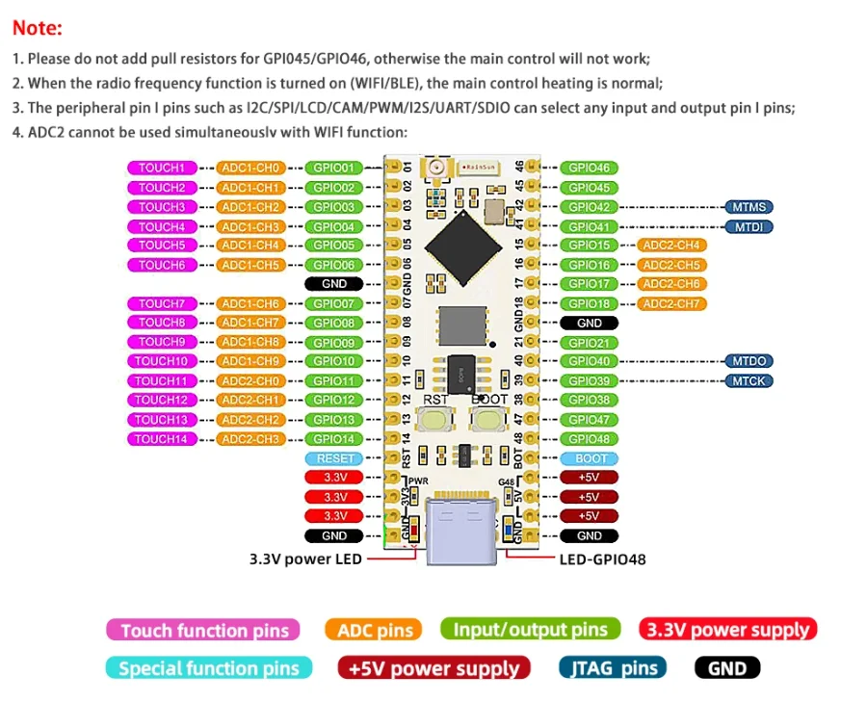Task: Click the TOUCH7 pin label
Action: (x=162, y=303)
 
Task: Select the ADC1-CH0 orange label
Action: (x=250, y=168)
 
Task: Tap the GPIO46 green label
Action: (x=589, y=168)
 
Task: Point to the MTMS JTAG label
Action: (x=749, y=207)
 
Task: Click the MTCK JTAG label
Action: (x=749, y=381)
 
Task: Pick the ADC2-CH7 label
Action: (x=670, y=304)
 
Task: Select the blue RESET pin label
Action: (x=334, y=458)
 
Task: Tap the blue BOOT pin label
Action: (x=589, y=458)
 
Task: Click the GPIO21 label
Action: (x=589, y=343)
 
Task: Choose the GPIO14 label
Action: (x=334, y=439)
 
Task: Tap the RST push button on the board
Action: (x=439, y=419)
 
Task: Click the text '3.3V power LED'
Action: (x=305, y=558)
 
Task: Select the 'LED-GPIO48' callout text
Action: (x=603, y=558)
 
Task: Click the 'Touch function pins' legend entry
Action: (x=203, y=631)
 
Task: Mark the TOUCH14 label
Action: (x=162, y=439)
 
